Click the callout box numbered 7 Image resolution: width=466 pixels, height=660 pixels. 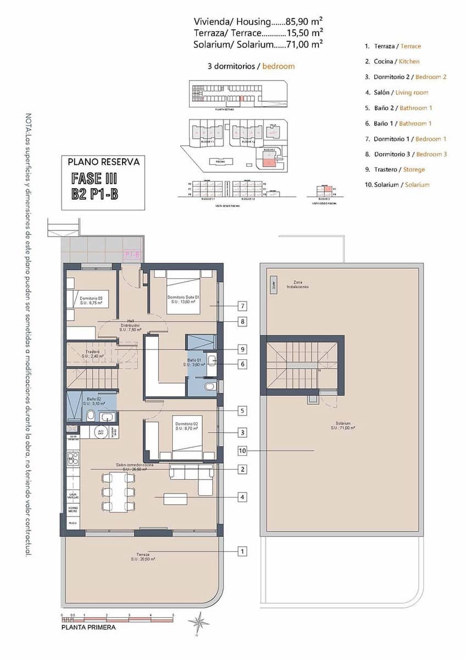click(242, 306)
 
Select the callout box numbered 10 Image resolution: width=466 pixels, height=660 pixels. click(242, 450)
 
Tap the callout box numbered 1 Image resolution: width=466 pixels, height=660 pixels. click(242, 551)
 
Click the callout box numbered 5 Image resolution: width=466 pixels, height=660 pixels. click(242, 410)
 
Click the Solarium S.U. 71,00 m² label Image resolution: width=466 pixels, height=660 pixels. click(345, 426)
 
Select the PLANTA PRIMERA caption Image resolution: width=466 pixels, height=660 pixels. click(88, 626)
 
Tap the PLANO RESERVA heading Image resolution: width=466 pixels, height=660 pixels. click(103, 162)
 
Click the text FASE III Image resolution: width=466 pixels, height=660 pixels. click(95, 179)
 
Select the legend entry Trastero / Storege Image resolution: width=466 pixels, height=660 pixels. click(399, 169)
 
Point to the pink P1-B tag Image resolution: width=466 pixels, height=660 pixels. click(133, 255)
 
